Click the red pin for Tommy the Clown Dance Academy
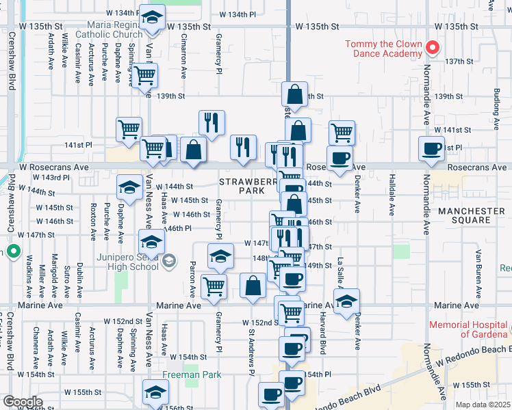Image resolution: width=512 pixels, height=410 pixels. [x=432, y=48]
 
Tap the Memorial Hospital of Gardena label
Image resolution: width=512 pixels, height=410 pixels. [x=469, y=329]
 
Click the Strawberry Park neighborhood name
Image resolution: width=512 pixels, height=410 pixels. [x=242, y=187]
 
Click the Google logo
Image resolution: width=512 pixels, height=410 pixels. [x=23, y=402]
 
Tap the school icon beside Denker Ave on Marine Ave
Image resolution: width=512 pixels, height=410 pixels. [x=347, y=300]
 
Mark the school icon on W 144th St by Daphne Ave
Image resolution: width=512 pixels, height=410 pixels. [x=129, y=186]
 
